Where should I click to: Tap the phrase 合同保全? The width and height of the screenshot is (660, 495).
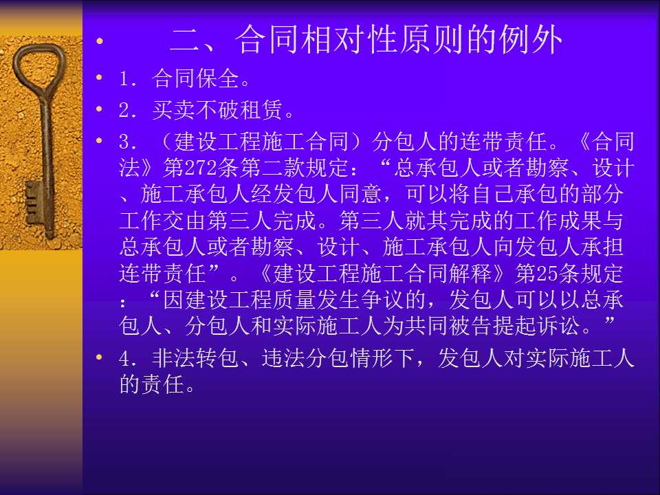[196, 78]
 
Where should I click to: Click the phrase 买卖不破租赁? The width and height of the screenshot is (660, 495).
[217, 110]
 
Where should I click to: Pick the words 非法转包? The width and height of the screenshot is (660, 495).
[196, 359]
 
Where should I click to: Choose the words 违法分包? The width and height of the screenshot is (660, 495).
[305, 359]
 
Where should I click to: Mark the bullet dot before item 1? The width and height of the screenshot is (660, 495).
[99, 78]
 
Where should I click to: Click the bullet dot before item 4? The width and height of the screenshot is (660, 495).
[99, 357]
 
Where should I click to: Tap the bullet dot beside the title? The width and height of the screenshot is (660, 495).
[99, 41]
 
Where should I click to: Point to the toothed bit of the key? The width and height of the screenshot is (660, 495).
[34, 203]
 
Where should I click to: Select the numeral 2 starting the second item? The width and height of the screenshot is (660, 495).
[124, 110]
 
